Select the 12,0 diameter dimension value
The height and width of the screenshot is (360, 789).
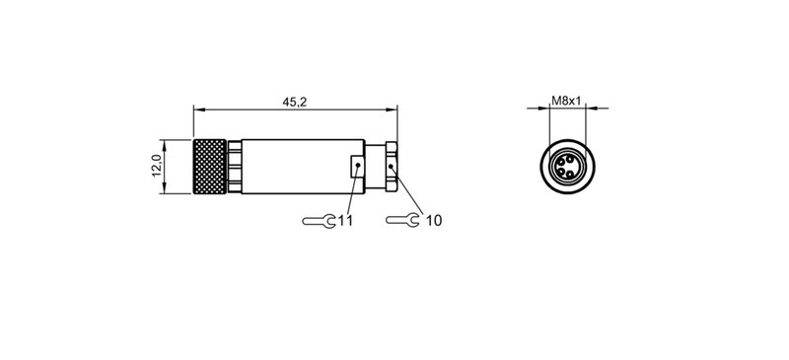click(156, 164)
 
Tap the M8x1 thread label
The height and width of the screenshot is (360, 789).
click(565, 101)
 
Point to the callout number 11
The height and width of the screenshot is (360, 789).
click(345, 220)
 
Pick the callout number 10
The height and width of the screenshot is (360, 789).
click(433, 220)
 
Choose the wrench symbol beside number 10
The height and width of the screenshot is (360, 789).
click(402, 220)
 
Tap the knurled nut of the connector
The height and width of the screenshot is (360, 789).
click(209, 164)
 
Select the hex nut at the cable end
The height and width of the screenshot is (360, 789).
click(392, 164)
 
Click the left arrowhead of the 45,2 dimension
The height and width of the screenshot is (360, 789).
click(196, 108)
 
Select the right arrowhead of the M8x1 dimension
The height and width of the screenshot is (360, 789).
click(585, 108)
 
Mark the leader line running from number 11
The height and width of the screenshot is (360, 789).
click(351, 193)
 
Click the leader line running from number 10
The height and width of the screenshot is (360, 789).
click(408, 191)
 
